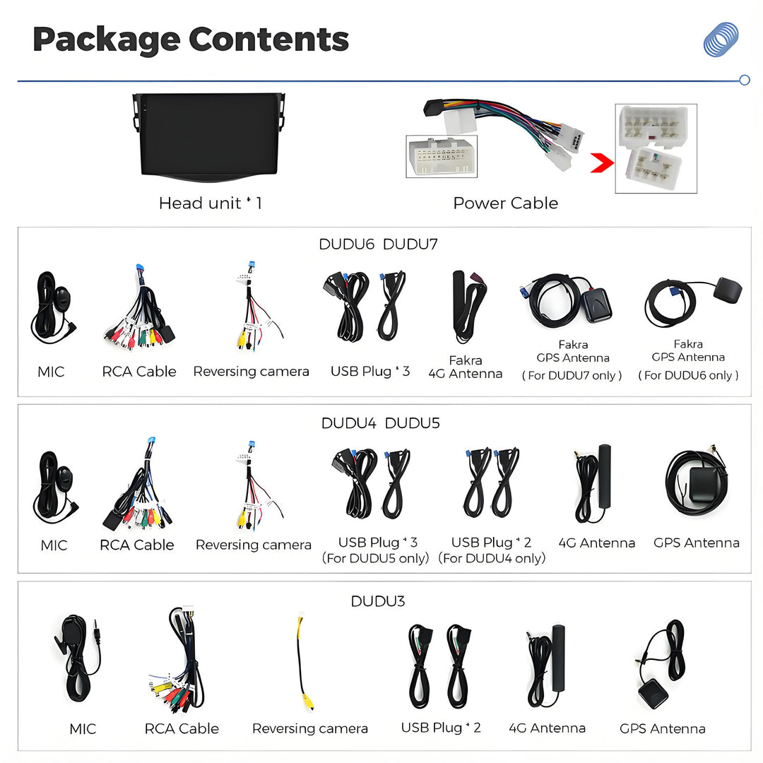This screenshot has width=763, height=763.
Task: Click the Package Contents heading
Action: pyautogui.click(x=191, y=40)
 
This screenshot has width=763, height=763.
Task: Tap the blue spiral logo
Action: pyautogui.click(x=721, y=39)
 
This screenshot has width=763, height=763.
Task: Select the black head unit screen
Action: pyautogui.click(x=208, y=137)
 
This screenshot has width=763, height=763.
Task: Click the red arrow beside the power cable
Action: pyautogui.click(x=602, y=162)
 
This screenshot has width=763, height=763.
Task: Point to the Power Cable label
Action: pyautogui.click(x=506, y=203)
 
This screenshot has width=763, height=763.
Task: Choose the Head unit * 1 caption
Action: pyautogui.click(x=211, y=203)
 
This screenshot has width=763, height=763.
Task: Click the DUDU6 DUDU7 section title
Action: pyautogui.click(x=378, y=244)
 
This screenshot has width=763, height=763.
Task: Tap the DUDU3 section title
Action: pyautogui.click(x=377, y=601)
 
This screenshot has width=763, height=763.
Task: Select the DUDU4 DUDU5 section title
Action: pyautogui.click(x=380, y=423)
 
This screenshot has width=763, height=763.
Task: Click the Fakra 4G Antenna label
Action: pyautogui.click(x=465, y=367)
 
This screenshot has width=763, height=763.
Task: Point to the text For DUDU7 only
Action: pyautogui.click(x=572, y=375)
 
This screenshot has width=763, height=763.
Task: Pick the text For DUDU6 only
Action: pyautogui.click(x=688, y=375)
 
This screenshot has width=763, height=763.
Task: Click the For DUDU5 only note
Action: pyautogui.click(x=375, y=558)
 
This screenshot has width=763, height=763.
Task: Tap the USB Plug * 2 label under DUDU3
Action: pyautogui.click(x=441, y=728)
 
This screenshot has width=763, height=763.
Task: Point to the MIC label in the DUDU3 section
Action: pyautogui.click(x=83, y=729)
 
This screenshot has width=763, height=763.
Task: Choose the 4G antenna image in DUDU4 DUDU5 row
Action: pyautogui.click(x=593, y=483)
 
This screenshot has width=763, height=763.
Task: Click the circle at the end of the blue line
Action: pyautogui.click(x=745, y=81)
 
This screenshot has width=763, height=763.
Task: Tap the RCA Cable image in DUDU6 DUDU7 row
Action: pyautogui.click(x=139, y=307)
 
